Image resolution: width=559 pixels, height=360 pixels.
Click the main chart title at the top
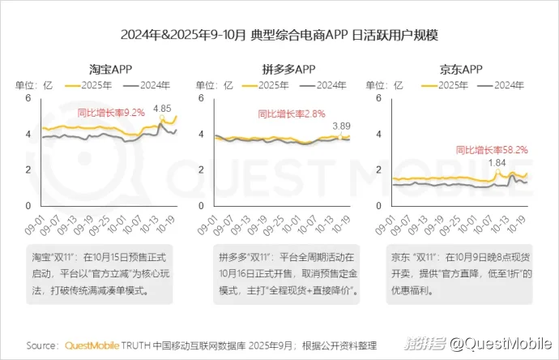pos(279,35)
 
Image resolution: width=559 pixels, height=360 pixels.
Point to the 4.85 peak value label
pos(162,109)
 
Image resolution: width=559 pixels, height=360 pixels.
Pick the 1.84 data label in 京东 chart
pos(497,163)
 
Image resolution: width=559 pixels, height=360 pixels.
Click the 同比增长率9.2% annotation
pos(111,112)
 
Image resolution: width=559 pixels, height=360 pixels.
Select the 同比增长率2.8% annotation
pos(291,114)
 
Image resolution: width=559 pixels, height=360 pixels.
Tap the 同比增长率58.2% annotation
pos(492,149)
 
